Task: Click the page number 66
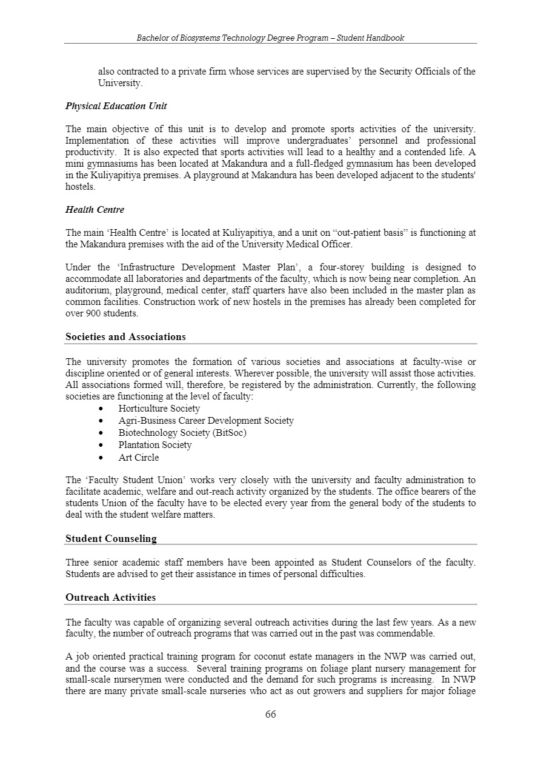pyautogui.click(x=270, y=714)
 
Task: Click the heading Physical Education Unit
pyautogui.click(x=116, y=106)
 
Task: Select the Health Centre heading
pyautogui.click(x=95, y=210)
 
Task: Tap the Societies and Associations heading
pyautogui.click(x=125, y=337)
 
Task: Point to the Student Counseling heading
pyautogui.click(x=111, y=538)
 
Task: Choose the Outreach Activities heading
pyautogui.click(x=110, y=598)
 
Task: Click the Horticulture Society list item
pyautogui.click(x=159, y=409)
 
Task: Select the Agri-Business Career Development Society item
pyautogui.click(x=206, y=421)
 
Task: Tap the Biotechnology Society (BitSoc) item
pyautogui.click(x=182, y=433)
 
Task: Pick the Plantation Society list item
pyautogui.click(x=155, y=445)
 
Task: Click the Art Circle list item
pyautogui.click(x=139, y=458)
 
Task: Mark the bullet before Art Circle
pyautogui.click(x=100, y=458)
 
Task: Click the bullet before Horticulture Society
pyautogui.click(x=100, y=409)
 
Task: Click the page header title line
pyautogui.click(x=270, y=38)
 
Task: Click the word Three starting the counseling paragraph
pyautogui.click(x=77, y=563)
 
